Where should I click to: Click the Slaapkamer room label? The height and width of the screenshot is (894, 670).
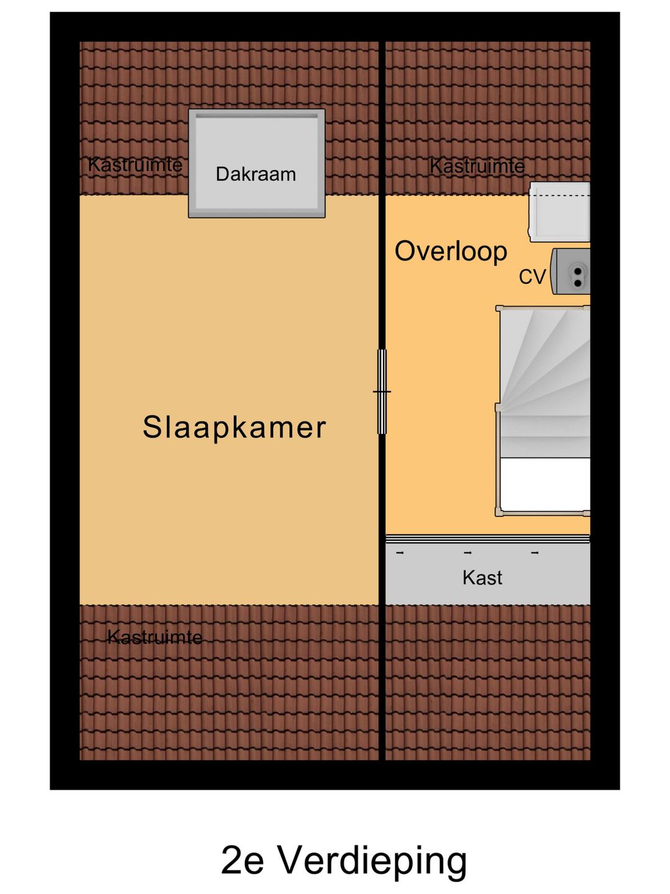coord(234,427)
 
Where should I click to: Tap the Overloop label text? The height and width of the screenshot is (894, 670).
coord(451,251)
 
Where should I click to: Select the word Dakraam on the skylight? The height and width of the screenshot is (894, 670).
coord(256,174)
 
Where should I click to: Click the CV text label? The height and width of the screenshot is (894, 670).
coord(532,277)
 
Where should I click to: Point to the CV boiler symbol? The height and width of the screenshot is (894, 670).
coord(572,271)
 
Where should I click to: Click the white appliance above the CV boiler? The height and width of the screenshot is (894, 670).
coord(560,212)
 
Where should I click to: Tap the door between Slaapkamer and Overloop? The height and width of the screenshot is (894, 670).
coord(382,392)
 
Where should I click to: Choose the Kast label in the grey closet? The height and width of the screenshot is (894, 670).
coord(482,578)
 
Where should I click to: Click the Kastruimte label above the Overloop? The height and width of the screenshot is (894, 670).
coord(477,166)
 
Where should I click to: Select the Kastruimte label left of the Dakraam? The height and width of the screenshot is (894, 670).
coord(135,165)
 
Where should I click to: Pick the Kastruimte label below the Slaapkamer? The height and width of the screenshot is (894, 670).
coord(154,637)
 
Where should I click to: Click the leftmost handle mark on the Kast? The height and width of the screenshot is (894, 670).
coord(400,553)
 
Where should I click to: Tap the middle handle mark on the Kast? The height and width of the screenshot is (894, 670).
coord(468,553)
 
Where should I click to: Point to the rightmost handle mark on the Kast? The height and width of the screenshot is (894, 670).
coord(535,553)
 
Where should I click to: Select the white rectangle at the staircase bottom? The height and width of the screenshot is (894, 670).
coord(545,485)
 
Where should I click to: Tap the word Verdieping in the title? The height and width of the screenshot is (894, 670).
coord(372,861)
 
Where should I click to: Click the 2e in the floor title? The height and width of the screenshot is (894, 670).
coord(243,861)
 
